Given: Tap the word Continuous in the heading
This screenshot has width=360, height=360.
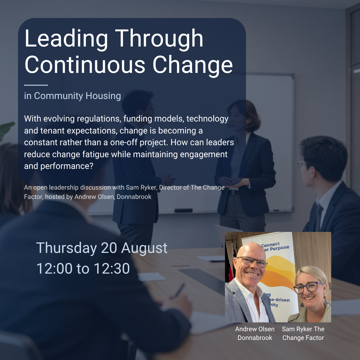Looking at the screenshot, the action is point(85,65).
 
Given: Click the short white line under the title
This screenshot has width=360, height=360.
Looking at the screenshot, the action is point(36,85).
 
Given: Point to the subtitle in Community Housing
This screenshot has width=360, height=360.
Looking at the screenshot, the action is point(73,96).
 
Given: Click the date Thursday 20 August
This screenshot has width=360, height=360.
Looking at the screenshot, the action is point(102,248).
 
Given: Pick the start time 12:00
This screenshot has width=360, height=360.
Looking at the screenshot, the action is point(54,268).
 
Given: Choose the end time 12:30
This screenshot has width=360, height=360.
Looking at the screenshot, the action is point(112,268).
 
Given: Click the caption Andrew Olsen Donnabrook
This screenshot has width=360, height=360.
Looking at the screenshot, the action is point(255,333).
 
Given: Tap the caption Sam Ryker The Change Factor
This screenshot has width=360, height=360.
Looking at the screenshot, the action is point(303,333).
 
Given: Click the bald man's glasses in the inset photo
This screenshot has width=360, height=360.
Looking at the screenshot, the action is point(252,261).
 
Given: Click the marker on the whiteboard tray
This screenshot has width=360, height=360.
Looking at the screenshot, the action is point(184,210).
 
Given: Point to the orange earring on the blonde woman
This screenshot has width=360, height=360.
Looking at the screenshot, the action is point(325,297).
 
